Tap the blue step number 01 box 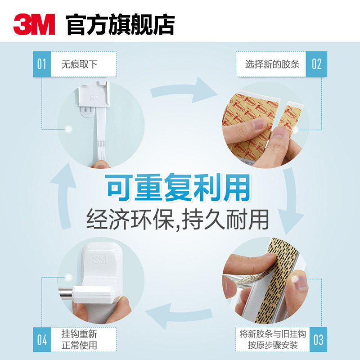41,64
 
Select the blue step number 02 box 316,64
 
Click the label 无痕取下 80,64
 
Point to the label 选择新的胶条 272,64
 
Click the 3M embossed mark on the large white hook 98,259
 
